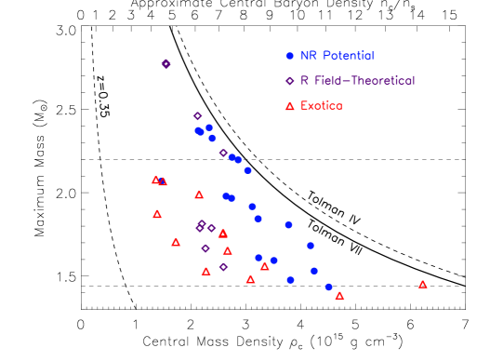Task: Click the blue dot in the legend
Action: point(290,57)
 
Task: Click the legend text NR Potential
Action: point(337,57)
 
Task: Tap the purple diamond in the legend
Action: point(290,81)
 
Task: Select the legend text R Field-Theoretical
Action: point(357,81)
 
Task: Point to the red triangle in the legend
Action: point(290,106)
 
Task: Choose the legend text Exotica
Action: point(322,106)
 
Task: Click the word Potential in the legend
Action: point(348,57)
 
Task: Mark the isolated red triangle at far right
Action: point(423,284)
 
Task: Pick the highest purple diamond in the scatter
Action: point(166,63)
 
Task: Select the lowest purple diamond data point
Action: point(223,267)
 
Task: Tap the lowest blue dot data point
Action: point(329,287)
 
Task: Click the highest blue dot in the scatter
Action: point(209,127)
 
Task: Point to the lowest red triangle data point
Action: point(339,295)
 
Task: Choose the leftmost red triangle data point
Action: point(155,180)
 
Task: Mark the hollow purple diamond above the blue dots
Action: point(197,116)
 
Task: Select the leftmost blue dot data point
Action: point(198,130)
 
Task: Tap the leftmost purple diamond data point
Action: point(166,63)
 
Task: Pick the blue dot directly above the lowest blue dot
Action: point(314,271)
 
